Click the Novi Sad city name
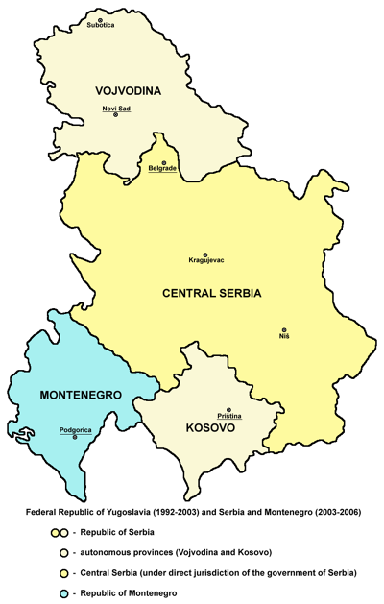[116, 108]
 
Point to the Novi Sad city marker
[116, 115]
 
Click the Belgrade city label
[162, 169]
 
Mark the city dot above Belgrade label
[163, 161]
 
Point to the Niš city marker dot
[284, 328]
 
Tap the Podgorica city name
[75, 430]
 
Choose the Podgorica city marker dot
[75, 438]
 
